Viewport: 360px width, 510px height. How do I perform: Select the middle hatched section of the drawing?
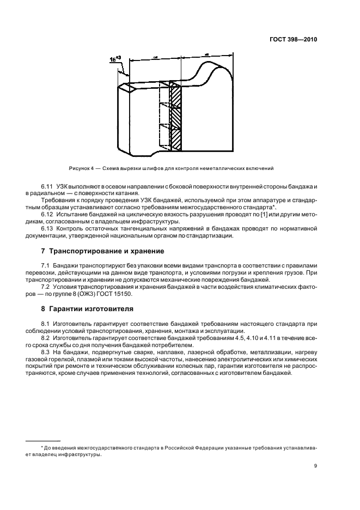pyautogui.click(x=175, y=116)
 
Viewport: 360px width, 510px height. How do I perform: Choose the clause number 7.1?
pyautogui.click(x=46, y=264)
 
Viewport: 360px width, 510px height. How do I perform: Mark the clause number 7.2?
pyautogui.click(x=46, y=287)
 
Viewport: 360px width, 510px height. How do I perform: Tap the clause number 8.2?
pyautogui.click(x=46, y=337)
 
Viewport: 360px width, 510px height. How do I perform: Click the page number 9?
pyautogui.click(x=316, y=465)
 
